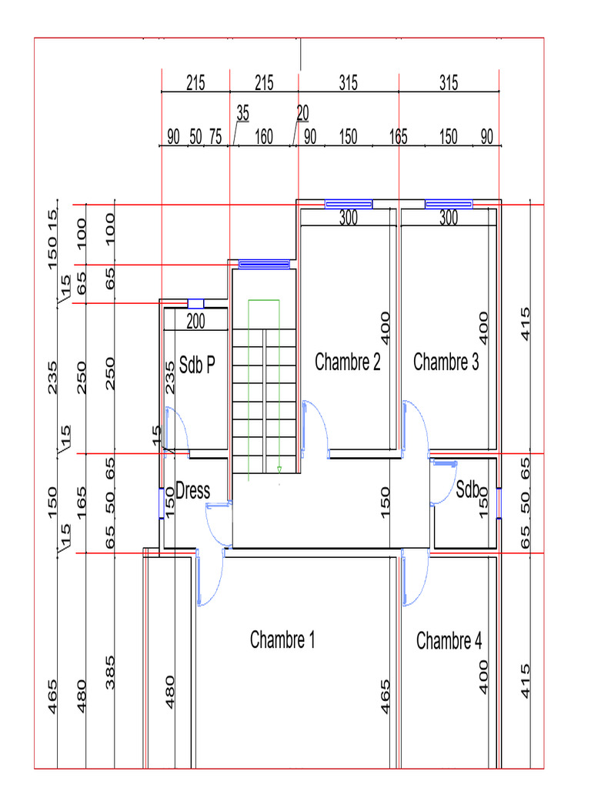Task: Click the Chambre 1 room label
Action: point(282,639)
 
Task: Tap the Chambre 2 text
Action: point(347,362)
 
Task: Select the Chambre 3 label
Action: point(446,362)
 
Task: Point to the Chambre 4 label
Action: point(449,641)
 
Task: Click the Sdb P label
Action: point(197,365)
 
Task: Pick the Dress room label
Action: point(192,491)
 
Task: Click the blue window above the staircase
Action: point(264,265)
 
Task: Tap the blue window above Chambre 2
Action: point(349,204)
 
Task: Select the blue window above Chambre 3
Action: point(449,204)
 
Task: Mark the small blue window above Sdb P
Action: point(195,303)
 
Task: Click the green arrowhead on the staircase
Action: point(279,469)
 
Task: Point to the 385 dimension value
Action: point(110,673)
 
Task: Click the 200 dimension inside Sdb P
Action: point(195,321)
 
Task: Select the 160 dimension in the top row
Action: point(264,137)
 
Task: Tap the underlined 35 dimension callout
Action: point(242,114)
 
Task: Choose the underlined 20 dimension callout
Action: point(302,114)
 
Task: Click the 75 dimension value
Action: point(215,137)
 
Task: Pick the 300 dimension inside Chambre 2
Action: point(349,218)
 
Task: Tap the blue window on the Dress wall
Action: point(162,503)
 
